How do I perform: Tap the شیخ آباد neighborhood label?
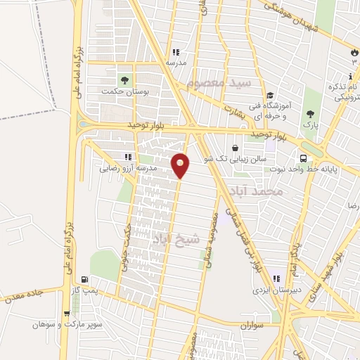click(176, 239)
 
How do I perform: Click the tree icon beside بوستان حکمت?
click(127, 79)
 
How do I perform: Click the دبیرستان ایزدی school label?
click(279, 288)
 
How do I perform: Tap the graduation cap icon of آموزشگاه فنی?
click(269, 96)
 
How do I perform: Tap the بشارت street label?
click(237, 110)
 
